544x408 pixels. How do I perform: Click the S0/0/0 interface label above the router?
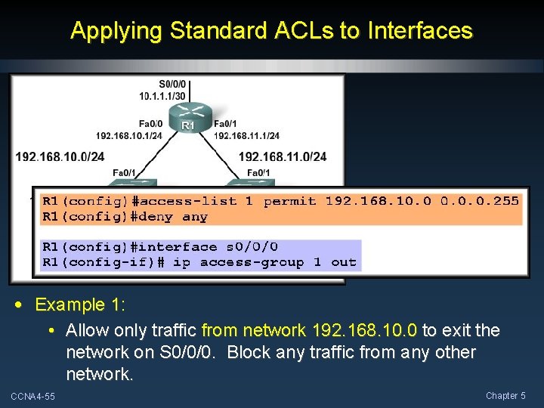click(x=175, y=85)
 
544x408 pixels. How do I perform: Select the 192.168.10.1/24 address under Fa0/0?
click(x=129, y=136)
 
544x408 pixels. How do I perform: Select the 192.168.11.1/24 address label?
click(x=246, y=136)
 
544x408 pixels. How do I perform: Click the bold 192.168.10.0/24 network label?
click(x=60, y=156)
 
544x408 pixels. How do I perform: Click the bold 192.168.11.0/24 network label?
click(x=283, y=156)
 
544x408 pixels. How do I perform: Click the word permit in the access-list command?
click(x=290, y=201)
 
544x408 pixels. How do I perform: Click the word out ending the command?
click(x=344, y=262)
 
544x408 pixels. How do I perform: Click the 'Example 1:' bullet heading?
click(x=80, y=305)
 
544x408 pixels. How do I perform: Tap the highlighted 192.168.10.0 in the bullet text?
click(x=362, y=330)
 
